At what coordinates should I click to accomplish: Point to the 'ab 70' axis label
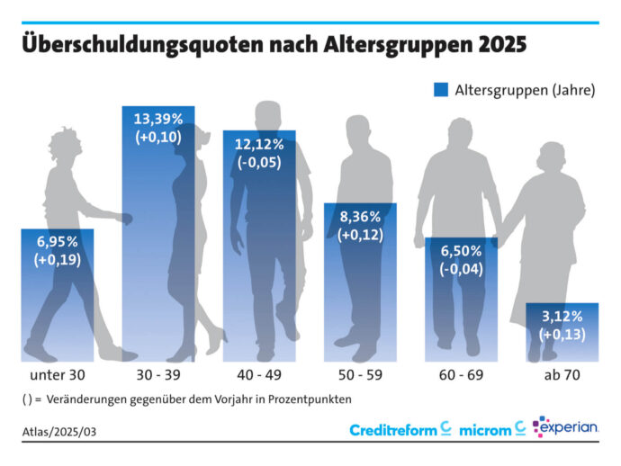pos(562,373)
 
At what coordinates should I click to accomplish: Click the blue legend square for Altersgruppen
pos(441,90)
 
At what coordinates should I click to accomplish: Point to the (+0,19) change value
pos(58,261)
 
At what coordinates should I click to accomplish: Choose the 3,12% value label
pos(562,317)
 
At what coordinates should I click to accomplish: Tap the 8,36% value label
pos(360,217)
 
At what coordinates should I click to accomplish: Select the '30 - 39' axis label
pos(158,373)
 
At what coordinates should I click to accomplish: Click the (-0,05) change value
pos(259,162)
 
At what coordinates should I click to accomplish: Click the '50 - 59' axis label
pos(360,373)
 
